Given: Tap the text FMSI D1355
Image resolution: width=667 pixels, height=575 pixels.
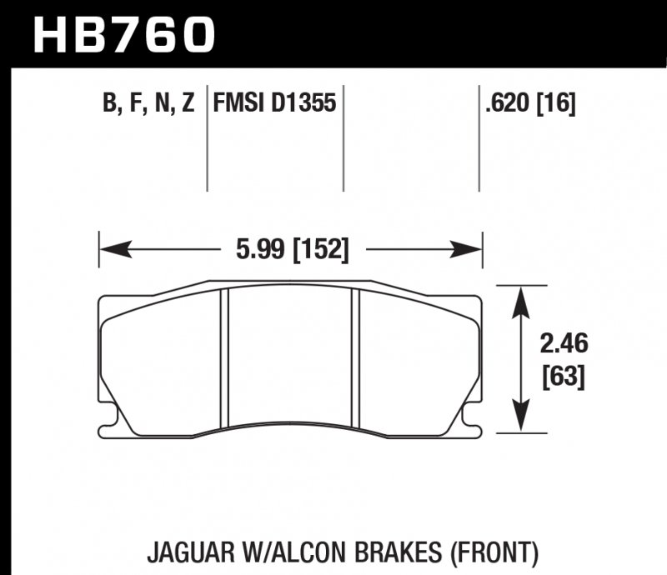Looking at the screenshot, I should pyautogui.click(x=274, y=104).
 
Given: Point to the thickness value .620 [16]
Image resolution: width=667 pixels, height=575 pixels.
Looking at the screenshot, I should pyautogui.click(x=529, y=104).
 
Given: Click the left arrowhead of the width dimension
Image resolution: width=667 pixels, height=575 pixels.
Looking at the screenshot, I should pyautogui.click(x=112, y=248).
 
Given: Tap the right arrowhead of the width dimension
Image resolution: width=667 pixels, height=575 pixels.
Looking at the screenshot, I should pyautogui.click(x=471, y=248).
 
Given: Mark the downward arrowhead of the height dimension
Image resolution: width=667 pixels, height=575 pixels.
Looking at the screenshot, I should pyautogui.click(x=521, y=422).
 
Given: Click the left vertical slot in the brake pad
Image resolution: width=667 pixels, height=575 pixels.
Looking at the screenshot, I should pyautogui.click(x=223, y=357).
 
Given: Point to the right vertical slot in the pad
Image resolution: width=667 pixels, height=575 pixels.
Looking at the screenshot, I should pyautogui.click(x=355, y=357).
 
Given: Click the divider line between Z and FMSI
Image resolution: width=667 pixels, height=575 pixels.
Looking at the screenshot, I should pyautogui.click(x=206, y=137).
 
